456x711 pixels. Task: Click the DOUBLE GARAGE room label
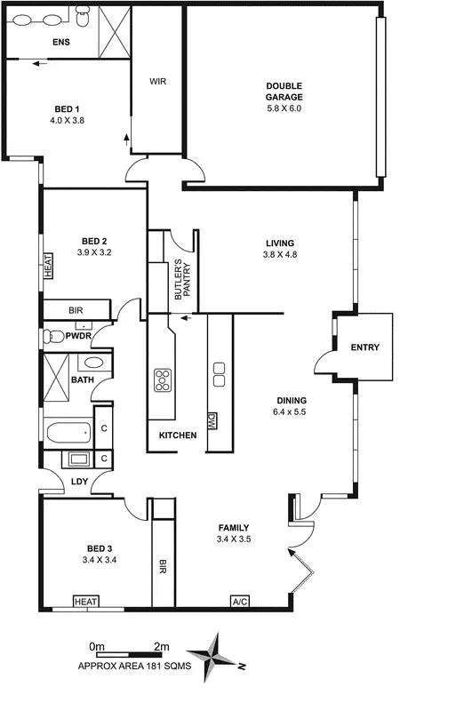pos(284,92)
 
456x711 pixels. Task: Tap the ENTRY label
pos(364,348)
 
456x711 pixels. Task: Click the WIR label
pos(157,81)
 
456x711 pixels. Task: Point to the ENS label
pos(61,43)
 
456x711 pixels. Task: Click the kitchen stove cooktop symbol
pos(163,379)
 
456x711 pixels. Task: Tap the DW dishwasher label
pos(212,420)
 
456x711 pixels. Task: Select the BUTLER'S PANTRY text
pos(182,283)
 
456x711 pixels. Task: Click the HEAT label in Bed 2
pos(48,267)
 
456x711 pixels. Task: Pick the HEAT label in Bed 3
pos(86,602)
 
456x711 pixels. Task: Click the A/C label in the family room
pos(240,602)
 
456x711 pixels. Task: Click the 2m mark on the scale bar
pos(161,646)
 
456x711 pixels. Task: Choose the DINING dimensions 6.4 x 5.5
pos(290,412)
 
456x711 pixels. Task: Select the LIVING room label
pos(279,244)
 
